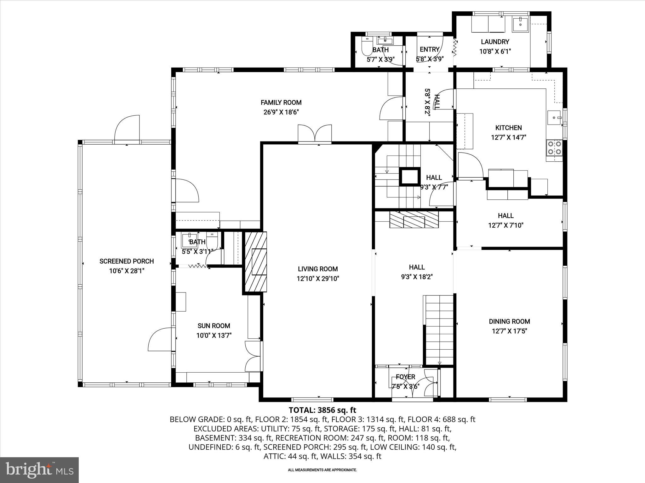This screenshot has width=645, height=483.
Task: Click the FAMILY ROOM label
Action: [281, 103]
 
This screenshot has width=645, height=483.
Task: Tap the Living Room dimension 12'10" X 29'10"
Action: [318, 279]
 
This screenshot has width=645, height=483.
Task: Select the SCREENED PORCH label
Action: [127, 261]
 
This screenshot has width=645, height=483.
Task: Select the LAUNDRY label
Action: [495, 42]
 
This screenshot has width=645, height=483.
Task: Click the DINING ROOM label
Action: [509, 321]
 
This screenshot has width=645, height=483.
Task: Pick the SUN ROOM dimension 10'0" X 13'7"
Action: [214, 336]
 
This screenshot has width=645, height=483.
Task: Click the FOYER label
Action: [405, 377]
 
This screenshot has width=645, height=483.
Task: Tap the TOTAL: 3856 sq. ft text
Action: [322, 410]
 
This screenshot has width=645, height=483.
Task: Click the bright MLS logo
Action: [39, 470]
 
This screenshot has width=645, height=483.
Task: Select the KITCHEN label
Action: [508, 128]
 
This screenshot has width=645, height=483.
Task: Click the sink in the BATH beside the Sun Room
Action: [190, 241]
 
